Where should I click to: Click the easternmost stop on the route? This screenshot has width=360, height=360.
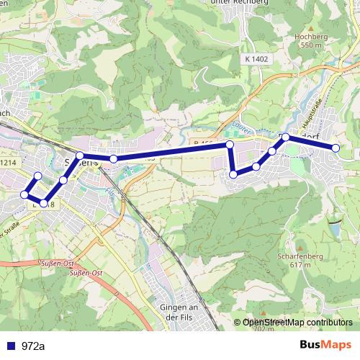[x=336, y=148]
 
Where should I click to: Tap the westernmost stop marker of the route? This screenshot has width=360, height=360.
[x=25, y=194]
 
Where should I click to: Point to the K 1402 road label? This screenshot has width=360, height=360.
[x=256, y=58]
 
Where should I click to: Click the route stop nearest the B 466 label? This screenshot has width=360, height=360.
[x=230, y=145]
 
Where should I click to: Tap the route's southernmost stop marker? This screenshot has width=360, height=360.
[x=44, y=203]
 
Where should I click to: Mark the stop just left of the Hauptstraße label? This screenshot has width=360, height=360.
[x=286, y=137]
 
